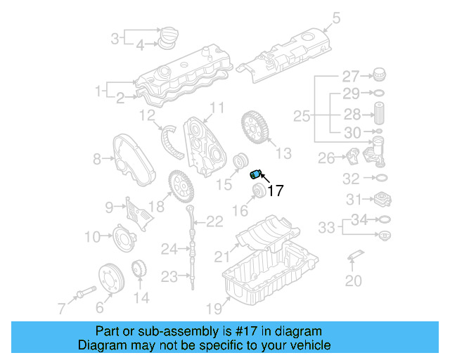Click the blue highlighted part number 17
point(257,174)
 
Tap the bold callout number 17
point(275,190)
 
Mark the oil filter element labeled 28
point(380,115)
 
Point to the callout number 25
point(302,116)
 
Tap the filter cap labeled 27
point(380,75)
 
